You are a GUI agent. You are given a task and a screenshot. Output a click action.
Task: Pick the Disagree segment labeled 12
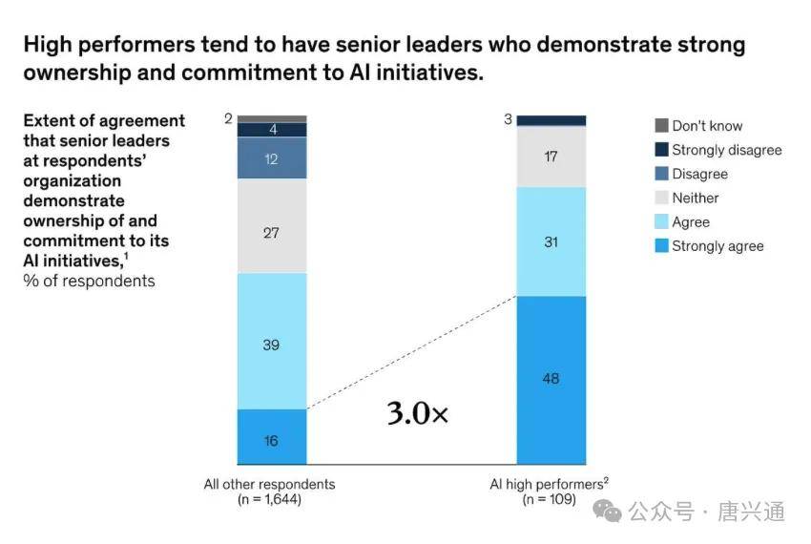pyautogui.click(x=271, y=159)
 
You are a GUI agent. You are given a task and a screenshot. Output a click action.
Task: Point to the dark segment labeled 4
pyautogui.click(x=271, y=130)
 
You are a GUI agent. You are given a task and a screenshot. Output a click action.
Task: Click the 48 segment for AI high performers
pyautogui.click(x=551, y=380)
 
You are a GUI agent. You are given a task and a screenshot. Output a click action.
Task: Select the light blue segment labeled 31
pyautogui.click(x=551, y=242)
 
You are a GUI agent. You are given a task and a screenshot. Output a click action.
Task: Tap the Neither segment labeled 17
pyautogui.click(x=551, y=157)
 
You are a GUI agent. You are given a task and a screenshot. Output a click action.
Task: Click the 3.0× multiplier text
pyautogui.click(x=417, y=413)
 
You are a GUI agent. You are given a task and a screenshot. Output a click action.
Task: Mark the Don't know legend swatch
pyautogui.click(x=661, y=126)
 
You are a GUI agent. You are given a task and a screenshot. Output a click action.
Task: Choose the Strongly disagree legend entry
pyautogui.click(x=726, y=150)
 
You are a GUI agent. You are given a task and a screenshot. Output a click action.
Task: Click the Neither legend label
pyautogui.click(x=695, y=198)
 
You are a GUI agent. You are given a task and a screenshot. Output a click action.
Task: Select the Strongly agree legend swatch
pyautogui.click(x=661, y=246)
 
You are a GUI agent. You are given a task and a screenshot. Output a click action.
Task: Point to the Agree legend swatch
pyautogui.click(x=661, y=222)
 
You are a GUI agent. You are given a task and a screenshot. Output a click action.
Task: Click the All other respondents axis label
pyautogui.click(x=269, y=484)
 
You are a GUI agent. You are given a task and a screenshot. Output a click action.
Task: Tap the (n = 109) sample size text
pyautogui.click(x=549, y=499)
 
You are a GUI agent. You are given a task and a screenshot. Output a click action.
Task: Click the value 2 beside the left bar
pyautogui.click(x=228, y=119)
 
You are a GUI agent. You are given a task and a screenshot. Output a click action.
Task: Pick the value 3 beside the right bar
pyautogui.click(x=508, y=119)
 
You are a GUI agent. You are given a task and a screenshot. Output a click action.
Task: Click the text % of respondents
pyautogui.click(x=89, y=281)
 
